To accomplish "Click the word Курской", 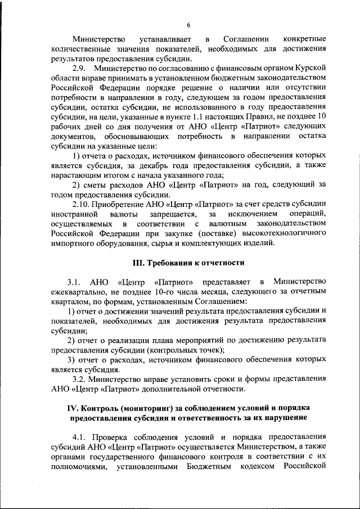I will pyautogui.click(x=312, y=68).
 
